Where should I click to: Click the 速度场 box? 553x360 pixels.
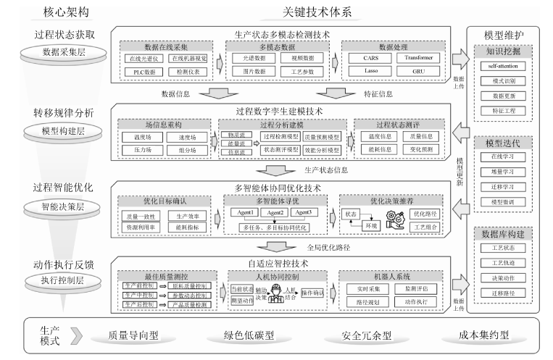pos(188,135)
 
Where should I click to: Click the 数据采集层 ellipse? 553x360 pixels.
pos(61,53)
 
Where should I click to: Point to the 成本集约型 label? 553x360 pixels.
pos(484,336)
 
